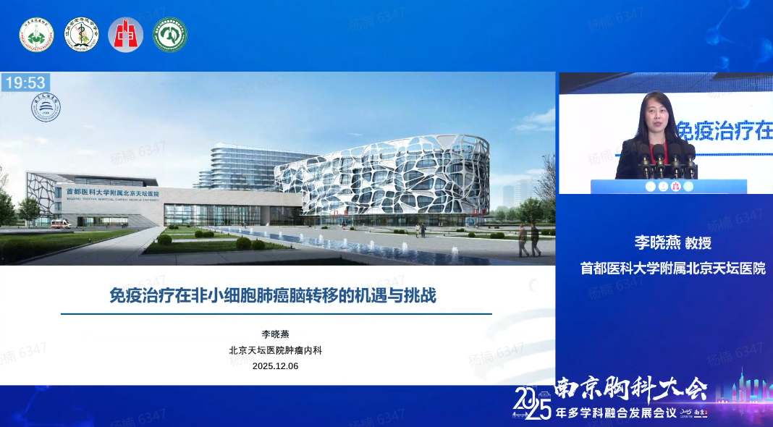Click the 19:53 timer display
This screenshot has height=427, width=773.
25,83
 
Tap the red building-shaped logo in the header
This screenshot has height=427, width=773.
125,34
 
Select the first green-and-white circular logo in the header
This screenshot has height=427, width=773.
36,34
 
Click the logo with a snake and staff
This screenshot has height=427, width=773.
81,34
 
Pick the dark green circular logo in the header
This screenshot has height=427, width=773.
170,34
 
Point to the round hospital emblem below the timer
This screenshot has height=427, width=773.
46,107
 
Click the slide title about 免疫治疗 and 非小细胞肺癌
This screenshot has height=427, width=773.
272,295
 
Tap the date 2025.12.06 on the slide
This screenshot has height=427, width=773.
275,366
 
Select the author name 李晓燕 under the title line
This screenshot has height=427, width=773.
275,334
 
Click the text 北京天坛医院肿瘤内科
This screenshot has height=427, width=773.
275,350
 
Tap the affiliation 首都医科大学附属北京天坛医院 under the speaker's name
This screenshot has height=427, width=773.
673,269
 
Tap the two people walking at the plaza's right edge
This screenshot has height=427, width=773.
529,240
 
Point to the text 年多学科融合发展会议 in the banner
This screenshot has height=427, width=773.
614,415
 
